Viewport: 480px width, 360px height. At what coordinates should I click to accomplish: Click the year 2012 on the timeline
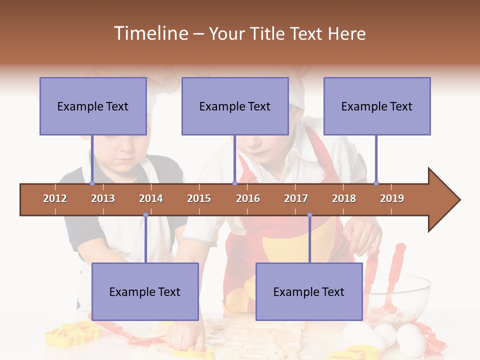click(55, 198)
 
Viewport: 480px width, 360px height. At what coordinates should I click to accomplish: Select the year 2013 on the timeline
click(103, 198)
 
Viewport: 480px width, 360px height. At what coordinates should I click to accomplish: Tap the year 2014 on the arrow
click(151, 198)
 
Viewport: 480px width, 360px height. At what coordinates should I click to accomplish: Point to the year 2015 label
click(199, 198)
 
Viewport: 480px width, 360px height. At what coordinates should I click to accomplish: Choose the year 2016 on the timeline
click(248, 198)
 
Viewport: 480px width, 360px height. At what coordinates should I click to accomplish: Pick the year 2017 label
click(296, 198)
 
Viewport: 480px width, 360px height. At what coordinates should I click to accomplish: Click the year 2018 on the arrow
click(344, 198)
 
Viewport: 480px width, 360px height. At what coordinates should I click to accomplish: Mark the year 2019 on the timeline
click(392, 198)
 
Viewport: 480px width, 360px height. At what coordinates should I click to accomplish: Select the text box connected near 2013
click(93, 106)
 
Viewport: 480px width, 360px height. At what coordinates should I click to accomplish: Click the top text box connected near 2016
click(235, 106)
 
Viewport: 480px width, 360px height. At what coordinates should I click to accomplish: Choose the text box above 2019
click(377, 106)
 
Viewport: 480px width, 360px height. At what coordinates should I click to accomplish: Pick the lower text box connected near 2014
click(145, 291)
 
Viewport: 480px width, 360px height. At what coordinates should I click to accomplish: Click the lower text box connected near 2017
click(309, 291)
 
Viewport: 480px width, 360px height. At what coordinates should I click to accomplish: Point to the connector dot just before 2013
click(92, 183)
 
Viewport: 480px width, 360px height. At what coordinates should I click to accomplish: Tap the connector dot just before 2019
click(376, 183)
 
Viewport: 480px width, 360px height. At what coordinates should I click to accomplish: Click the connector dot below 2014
click(145, 215)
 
